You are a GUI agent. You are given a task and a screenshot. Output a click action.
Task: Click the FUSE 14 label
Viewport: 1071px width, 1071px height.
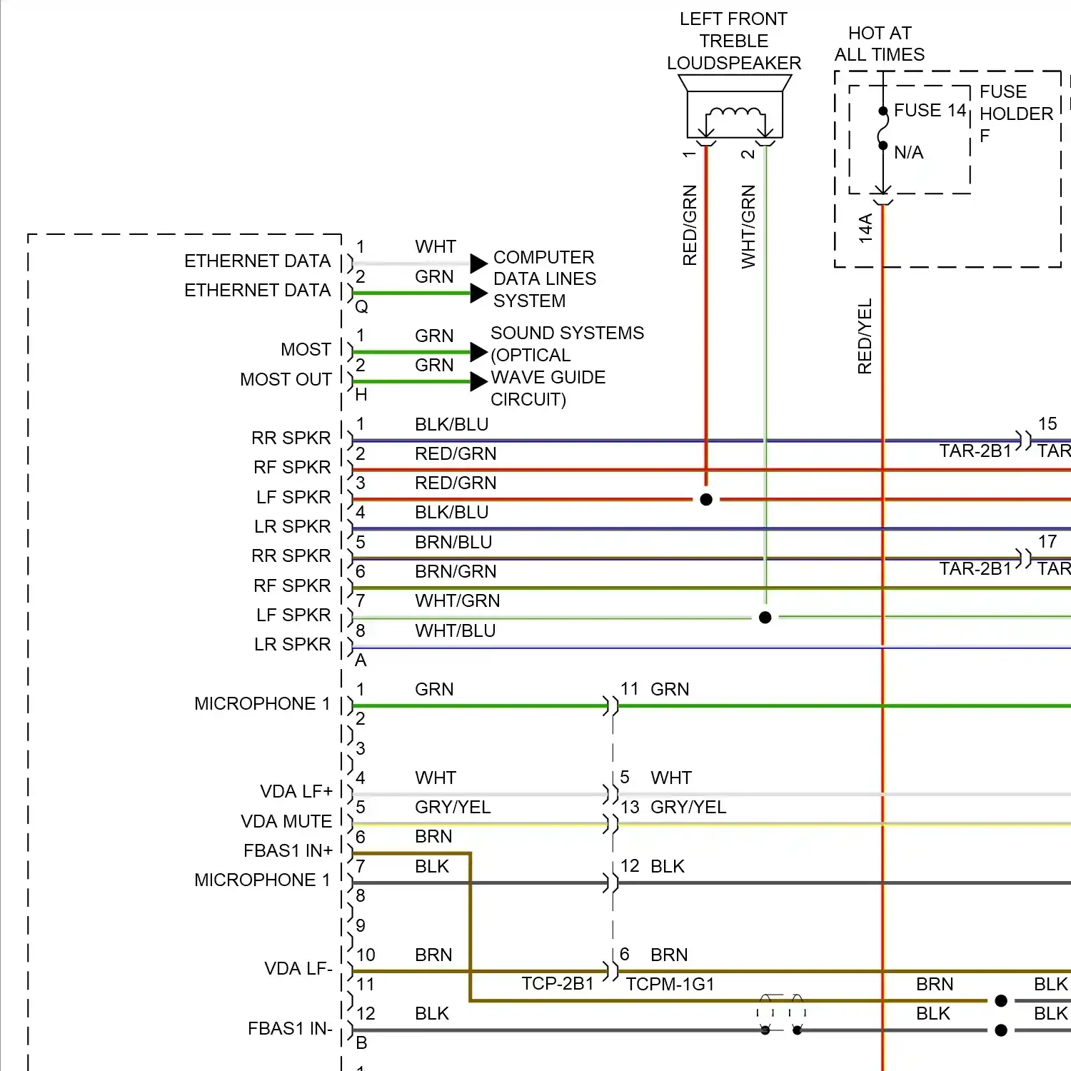930,111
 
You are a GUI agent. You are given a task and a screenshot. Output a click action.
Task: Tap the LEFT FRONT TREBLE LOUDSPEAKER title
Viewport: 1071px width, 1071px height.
734,41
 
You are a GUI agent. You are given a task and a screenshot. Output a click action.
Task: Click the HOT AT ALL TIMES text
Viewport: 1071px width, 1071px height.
880,44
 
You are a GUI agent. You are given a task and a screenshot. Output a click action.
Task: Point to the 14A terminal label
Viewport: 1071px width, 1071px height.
865,228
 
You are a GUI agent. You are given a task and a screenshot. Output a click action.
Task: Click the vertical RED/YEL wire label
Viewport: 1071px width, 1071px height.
865,336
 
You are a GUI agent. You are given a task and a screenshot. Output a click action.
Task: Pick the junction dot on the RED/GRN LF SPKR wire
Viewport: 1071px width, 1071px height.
706,500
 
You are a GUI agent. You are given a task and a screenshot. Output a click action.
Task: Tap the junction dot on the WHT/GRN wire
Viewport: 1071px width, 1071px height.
765,618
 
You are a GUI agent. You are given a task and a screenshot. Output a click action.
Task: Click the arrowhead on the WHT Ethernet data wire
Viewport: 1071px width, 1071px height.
478,263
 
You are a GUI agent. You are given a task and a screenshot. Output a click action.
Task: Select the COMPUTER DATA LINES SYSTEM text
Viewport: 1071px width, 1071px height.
545,279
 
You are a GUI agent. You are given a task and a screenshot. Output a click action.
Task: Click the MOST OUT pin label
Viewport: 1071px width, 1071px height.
286,379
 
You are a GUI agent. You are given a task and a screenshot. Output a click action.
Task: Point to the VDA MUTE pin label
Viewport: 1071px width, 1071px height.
286,821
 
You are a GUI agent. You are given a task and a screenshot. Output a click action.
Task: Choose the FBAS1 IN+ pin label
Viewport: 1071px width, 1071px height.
288,850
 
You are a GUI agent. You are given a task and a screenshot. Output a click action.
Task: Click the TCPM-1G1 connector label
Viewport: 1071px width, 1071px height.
670,984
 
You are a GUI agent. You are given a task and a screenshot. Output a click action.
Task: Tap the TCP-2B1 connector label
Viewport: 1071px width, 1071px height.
558,984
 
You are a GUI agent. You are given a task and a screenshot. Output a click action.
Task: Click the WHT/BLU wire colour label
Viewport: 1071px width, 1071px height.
456,630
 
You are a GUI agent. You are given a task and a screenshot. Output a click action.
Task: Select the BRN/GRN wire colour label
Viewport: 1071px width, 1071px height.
456,571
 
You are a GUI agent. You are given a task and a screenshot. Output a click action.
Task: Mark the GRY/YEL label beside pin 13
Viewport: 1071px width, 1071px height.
688,807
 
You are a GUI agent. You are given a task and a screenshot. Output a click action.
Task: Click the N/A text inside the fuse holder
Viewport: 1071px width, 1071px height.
909,152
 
